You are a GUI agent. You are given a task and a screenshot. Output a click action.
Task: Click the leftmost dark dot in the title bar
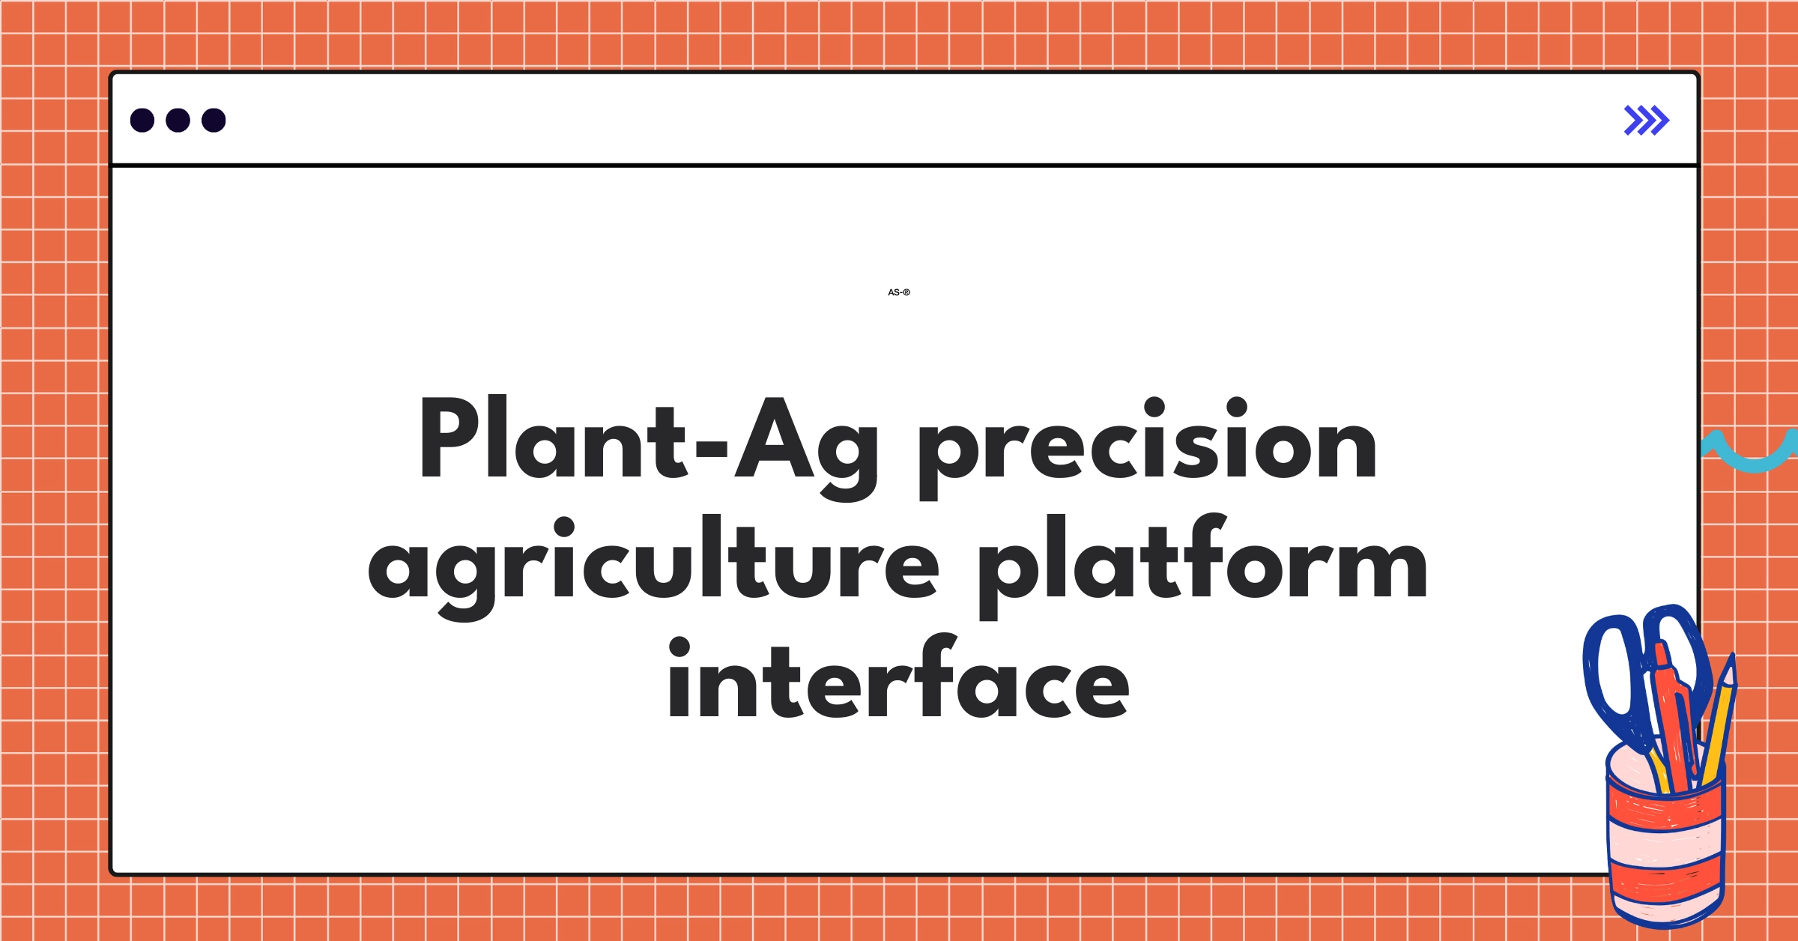(x=142, y=120)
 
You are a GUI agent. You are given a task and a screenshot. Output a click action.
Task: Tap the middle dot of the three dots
(x=178, y=120)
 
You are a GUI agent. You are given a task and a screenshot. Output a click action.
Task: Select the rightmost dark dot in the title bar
(x=214, y=120)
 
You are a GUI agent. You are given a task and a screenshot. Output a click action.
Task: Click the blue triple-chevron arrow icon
(x=1646, y=120)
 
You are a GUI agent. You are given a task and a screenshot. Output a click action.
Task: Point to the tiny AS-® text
(x=898, y=292)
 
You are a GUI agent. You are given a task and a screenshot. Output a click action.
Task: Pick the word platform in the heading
(x=1202, y=562)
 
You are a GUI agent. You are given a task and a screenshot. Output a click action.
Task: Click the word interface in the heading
(x=898, y=682)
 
